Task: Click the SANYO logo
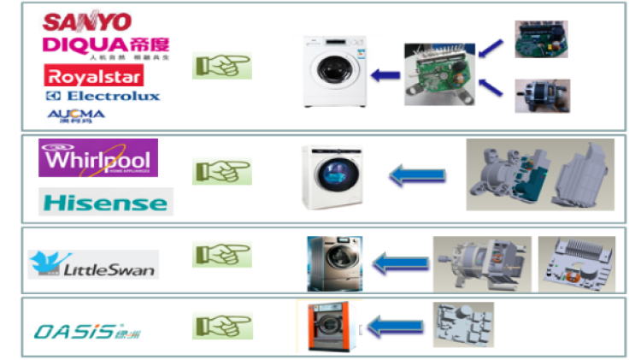coord(87,21)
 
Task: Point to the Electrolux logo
coord(103,96)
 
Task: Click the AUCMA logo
coord(76,114)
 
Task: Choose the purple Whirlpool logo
coord(98,159)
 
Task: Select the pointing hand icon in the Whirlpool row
coord(221,171)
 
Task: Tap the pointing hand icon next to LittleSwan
coord(221,255)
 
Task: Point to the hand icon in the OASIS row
coord(221,326)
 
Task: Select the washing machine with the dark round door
coord(333,178)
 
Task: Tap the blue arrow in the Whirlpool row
coord(417,176)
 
